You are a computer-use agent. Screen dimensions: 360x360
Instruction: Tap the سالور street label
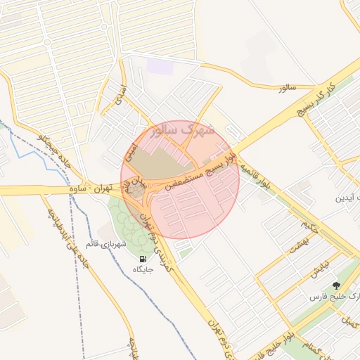click(x=288, y=87)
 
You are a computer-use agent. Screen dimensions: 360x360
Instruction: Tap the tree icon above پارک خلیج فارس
click(x=335, y=285)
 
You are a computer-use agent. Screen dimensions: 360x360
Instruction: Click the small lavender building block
click(x=160, y=67)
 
